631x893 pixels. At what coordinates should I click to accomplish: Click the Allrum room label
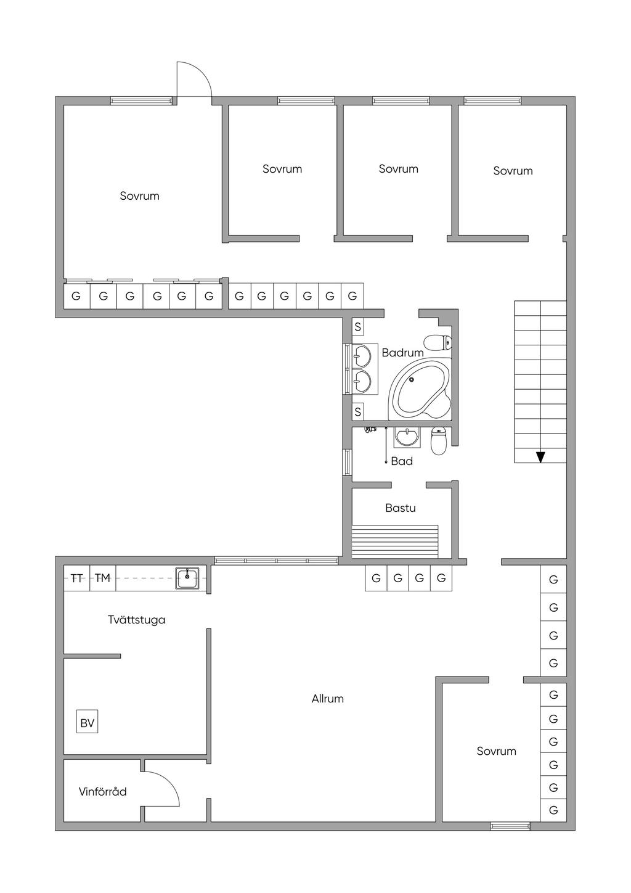[x=327, y=699]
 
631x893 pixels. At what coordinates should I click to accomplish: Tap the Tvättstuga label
[x=136, y=620]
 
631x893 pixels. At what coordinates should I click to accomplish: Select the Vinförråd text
[x=102, y=791]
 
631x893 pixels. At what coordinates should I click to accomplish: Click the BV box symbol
[x=88, y=722]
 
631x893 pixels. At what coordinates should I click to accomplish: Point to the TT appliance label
[x=77, y=578]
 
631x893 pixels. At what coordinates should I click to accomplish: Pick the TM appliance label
[x=102, y=578]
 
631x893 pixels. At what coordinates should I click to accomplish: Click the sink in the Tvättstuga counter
[x=187, y=578]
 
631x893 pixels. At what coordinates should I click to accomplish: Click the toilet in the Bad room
[x=438, y=440]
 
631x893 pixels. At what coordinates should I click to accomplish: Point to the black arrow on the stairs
[x=540, y=457]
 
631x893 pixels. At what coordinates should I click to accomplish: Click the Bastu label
[x=400, y=508]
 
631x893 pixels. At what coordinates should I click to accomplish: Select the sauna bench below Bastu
[x=394, y=541]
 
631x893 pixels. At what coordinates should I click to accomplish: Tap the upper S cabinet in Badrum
[x=358, y=327]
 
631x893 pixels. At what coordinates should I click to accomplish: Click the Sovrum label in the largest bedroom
[x=139, y=196]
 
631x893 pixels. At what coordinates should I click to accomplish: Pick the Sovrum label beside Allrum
[x=496, y=751]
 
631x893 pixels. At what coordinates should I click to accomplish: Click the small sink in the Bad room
[x=407, y=437]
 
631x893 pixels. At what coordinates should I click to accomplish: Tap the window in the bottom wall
[x=510, y=826]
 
